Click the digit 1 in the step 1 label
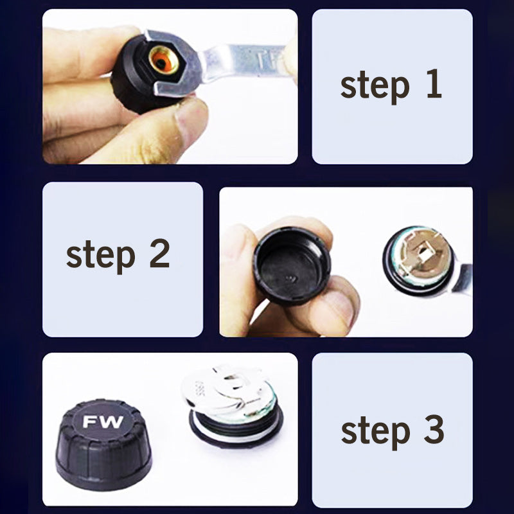tap(434, 85)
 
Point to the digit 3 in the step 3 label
tap(434, 430)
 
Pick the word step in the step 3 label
tap(374, 431)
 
